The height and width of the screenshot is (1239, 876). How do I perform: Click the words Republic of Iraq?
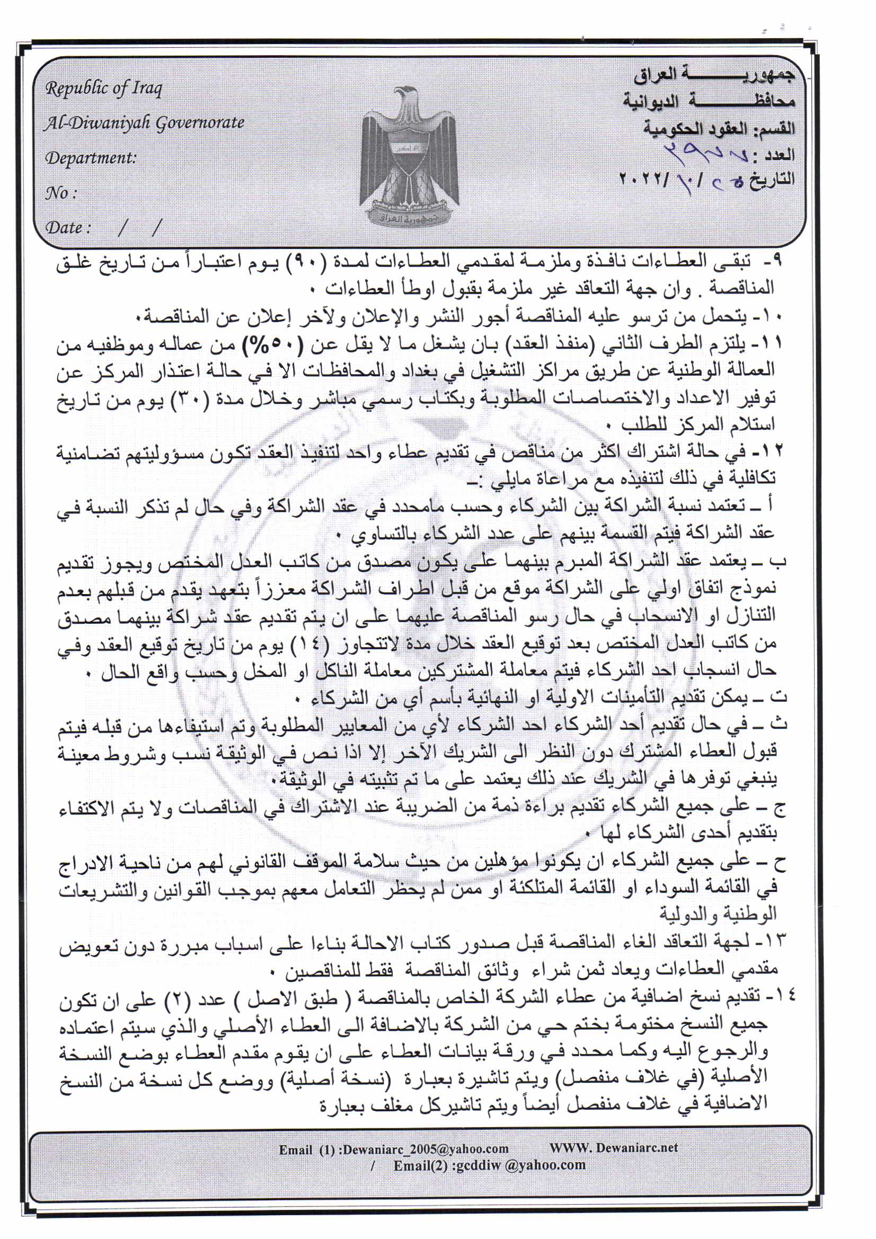[104, 88]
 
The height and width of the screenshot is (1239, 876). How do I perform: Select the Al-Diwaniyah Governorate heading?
[144, 123]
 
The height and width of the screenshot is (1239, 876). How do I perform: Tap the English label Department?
[91, 158]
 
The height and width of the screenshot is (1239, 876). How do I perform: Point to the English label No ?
[60, 193]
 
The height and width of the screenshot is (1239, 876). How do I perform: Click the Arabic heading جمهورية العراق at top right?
[713, 76]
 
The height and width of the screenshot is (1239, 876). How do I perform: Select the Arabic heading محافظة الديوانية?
[709, 101]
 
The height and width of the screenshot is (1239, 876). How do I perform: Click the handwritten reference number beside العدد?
[702, 153]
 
